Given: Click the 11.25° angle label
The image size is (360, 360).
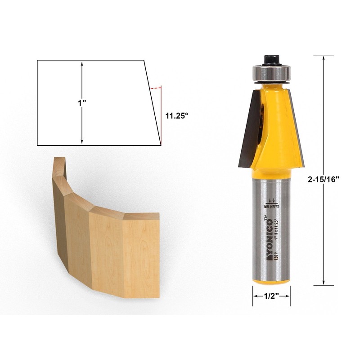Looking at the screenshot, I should click(x=176, y=116).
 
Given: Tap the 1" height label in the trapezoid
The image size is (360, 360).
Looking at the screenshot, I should click(x=81, y=103).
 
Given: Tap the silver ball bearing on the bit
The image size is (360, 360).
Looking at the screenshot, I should click(x=270, y=72).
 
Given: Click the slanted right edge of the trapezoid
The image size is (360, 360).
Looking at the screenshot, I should click(x=152, y=103).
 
